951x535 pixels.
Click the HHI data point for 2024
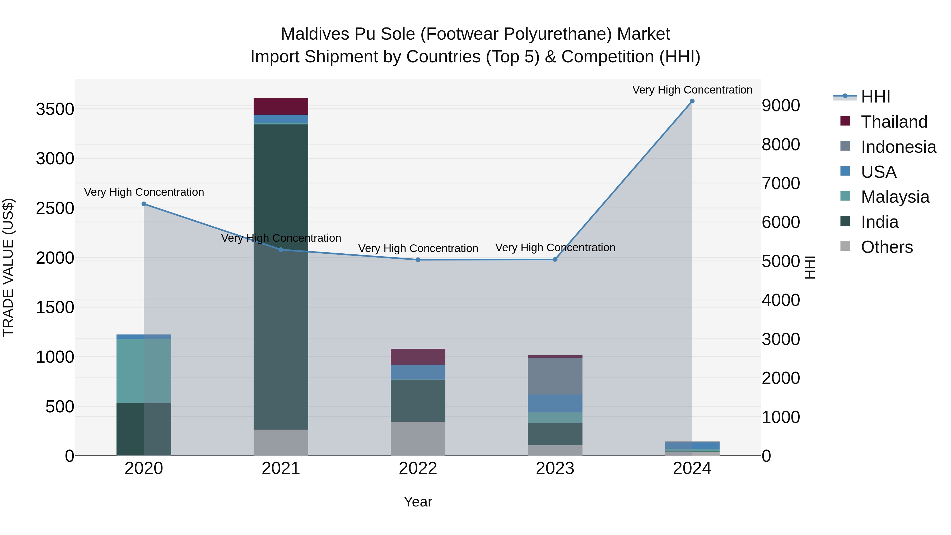(x=692, y=101)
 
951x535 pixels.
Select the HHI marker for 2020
(x=144, y=204)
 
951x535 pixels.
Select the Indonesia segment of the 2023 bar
(x=555, y=376)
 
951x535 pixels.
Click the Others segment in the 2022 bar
(x=418, y=439)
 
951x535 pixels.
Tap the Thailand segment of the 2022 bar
(x=418, y=357)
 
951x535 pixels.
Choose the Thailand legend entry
(x=894, y=122)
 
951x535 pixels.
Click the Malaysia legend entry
(x=895, y=197)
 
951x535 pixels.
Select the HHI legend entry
(x=875, y=97)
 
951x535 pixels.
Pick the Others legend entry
(x=886, y=247)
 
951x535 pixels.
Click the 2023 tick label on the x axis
(x=555, y=468)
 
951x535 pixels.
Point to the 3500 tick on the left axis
(x=55, y=109)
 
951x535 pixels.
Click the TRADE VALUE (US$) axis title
(x=8, y=267)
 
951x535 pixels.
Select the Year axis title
(x=418, y=502)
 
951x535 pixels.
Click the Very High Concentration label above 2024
(x=692, y=90)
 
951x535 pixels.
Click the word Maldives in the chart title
(x=315, y=34)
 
